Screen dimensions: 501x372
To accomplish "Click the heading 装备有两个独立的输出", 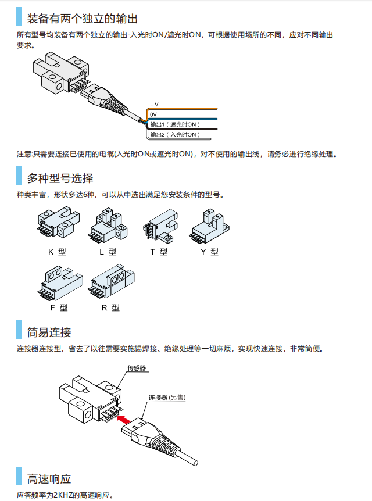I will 83,19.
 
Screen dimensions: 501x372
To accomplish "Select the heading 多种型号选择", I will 60,178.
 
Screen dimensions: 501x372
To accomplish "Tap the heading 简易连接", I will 49,332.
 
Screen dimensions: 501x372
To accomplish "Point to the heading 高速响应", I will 49,478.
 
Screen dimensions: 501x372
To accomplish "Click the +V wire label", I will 154,104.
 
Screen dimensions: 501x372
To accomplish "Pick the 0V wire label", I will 153,114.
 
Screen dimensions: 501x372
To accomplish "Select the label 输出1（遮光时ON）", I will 174,124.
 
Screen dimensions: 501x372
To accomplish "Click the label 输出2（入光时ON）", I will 174,134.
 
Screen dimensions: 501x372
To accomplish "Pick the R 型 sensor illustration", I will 110,281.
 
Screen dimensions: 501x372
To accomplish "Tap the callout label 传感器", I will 137,368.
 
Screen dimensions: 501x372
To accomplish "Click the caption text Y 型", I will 209,252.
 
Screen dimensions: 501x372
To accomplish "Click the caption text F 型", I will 59,307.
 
